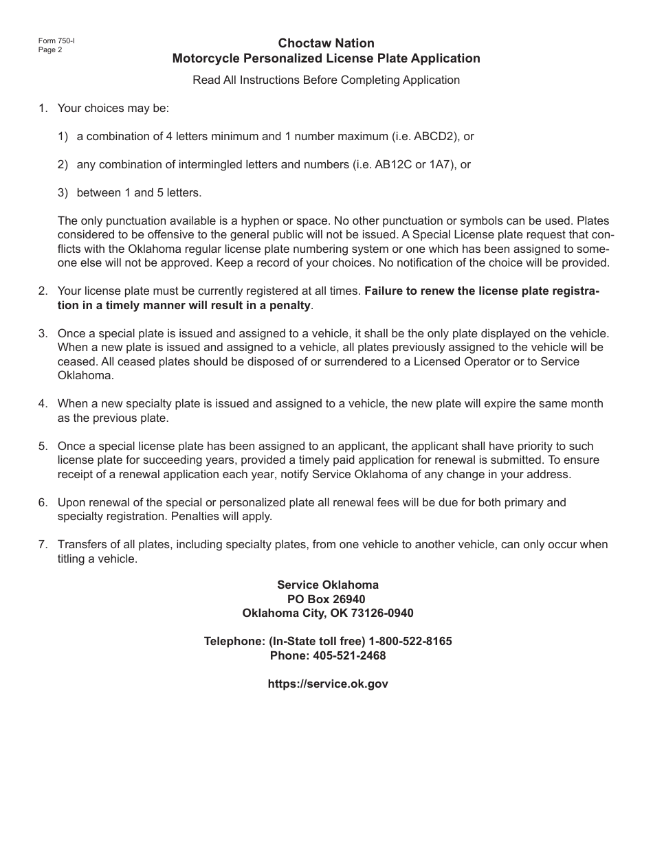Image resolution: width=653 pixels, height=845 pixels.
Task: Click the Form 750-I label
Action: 56,41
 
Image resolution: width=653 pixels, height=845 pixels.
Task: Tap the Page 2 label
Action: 50,49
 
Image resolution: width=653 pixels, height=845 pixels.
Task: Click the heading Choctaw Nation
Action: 326,43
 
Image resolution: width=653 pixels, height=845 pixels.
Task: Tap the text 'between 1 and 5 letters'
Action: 139,192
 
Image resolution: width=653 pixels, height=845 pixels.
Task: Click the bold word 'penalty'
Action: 292,305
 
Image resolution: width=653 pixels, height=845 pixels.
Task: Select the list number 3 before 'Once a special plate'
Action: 43,333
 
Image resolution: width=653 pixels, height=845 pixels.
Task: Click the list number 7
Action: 43,544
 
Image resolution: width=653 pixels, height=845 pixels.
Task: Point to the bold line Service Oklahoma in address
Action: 327,585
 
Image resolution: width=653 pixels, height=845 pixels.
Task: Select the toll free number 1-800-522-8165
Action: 410,641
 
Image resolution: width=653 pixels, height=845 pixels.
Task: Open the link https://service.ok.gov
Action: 327,684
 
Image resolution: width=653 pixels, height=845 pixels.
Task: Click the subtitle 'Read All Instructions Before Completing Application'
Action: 326,80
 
